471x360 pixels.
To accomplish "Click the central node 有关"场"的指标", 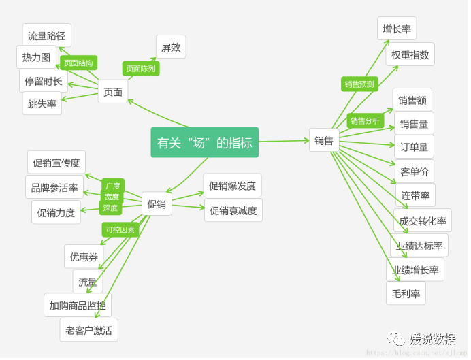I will click(204, 142).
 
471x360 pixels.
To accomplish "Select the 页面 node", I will click(113, 92).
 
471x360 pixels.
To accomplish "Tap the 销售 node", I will click(324, 141).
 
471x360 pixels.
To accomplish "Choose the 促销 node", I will click(157, 203).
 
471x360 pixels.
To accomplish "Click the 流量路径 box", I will click(46, 35).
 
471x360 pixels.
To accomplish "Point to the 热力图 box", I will click(36, 57).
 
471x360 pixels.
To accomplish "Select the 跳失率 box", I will click(42, 103).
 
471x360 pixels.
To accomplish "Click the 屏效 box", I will click(171, 47).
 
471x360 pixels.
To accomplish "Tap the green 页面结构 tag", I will click(78, 63).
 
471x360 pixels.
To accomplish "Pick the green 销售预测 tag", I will click(359, 84).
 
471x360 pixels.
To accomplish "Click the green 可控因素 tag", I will click(120, 230).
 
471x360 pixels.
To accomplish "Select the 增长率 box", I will click(397, 29).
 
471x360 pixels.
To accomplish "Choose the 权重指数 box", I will click(410, 54).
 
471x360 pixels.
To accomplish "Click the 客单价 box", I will click(414, 171).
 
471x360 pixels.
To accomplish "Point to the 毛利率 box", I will click(406, 293).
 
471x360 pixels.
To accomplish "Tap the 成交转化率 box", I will click(422, 220).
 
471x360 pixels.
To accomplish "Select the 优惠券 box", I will click(84, 257).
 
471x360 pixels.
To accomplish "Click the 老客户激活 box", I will click(88, 330).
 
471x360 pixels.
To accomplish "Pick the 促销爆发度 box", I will click(232, 185).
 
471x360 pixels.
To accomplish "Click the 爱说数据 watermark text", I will click(432, 338).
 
